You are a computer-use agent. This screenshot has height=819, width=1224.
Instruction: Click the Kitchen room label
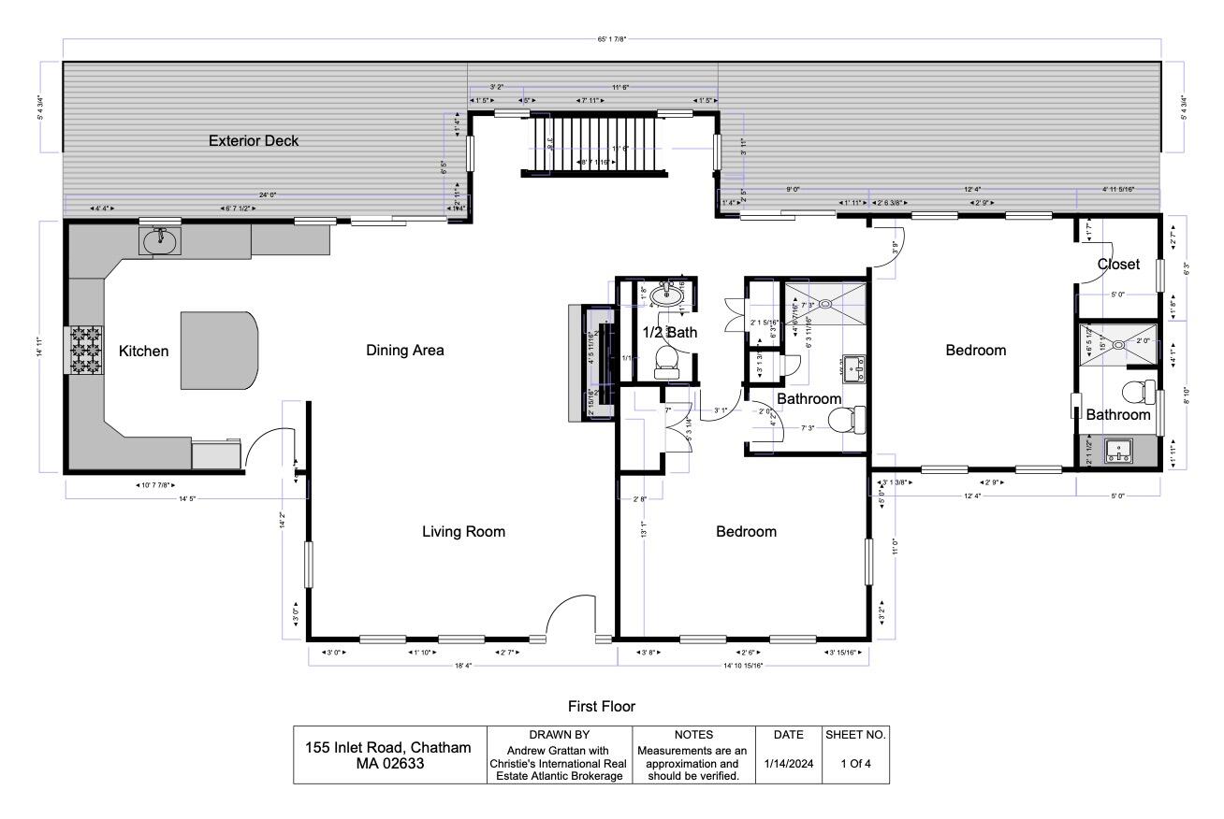point(143,352)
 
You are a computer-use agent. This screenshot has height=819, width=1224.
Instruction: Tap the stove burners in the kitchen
point(82,349)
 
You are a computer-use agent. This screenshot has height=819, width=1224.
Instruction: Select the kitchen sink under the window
point(160,241)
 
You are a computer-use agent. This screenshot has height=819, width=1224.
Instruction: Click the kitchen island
point(219,350)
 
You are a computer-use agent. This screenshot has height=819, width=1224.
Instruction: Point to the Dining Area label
point(404,351)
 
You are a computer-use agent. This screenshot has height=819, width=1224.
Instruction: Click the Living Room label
point(463,532)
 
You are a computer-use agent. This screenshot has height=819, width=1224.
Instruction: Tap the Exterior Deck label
point(254,141)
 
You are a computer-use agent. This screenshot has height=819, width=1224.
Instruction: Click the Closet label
point(1118,265)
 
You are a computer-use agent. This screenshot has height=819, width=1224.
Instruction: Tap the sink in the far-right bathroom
point(1117,452)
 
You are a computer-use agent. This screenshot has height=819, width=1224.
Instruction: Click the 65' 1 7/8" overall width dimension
point(612,39)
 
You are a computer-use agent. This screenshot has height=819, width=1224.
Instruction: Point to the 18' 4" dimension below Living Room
point(463,666)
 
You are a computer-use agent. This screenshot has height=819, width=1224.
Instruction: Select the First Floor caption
point(602,706)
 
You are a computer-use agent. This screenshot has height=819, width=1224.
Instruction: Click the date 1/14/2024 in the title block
point(786,763)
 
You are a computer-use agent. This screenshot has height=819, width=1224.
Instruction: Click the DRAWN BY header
point(560,735)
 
